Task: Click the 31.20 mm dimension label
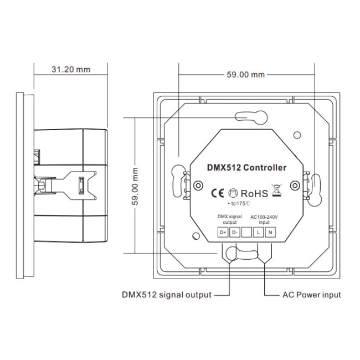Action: pyautogui.click(x=70, y=70)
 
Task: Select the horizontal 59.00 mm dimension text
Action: pyautogui.click(x=246, y=74)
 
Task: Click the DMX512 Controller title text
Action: pyautogui.click(x=246, y=167)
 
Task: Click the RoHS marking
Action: pyautogui.click(x=254, y=193)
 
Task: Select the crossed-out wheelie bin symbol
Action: pyautogui.click(x=275, y=192)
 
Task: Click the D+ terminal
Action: pyautogui.click(x=223, y=233)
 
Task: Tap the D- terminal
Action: pyautogui.click(x=234, y=233)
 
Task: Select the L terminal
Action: pyautogui.click(x=258, y=233)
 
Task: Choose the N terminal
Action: pyautogui.click(x=270, y=233)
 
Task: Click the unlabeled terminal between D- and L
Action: pyautogui.click(x=246, y=233)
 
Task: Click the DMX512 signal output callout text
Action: pyautogui.click(x=167, y=295)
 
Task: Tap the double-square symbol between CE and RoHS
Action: pyautogui.click(x=234, y=193)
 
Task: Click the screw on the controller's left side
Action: pyautogui.click(x=197, y=186)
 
